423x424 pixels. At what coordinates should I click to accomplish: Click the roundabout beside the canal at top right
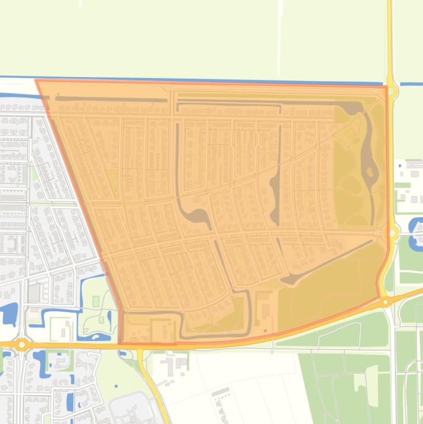click(x=391, y=91)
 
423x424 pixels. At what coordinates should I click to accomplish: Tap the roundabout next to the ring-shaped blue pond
click(x=392, y=233)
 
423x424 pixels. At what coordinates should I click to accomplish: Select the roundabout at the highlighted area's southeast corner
click(x=386, y=302)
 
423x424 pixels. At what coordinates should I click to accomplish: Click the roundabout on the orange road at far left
click(x=22, y=345)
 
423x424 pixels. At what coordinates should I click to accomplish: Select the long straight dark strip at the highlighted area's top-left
click(x=110, y=100)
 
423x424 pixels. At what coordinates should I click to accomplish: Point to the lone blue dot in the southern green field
click(x=116, y=385)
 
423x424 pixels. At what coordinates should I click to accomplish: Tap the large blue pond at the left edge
click(x=8, y=314)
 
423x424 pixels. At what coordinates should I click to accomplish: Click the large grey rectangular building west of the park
click(x=34, y=292)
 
